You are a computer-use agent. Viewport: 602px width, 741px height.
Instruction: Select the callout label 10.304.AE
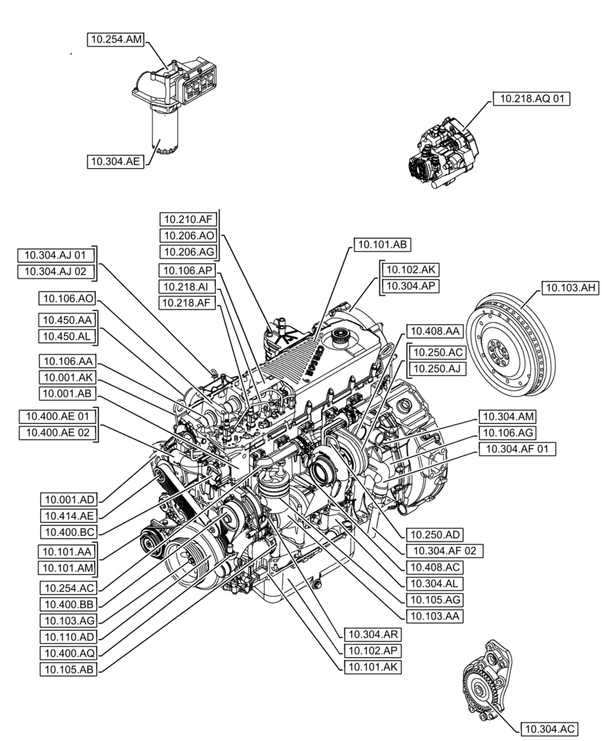pyautogui.click(x=114, y=160)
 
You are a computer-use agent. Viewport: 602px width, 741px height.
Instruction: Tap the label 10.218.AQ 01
pyautogui.click(x=532, y=98)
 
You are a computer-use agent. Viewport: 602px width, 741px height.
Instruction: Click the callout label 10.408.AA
pyautogui.click(x=434, y=330)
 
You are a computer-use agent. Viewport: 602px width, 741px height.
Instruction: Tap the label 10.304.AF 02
pyautogui.click(x=441, y=550)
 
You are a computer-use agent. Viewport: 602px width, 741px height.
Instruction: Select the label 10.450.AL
pyautogui.click(x=67, y=336)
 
